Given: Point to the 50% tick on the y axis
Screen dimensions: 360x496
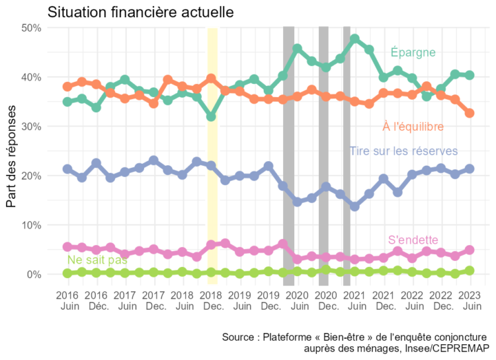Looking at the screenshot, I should pyautogui.click(x=32, y=28).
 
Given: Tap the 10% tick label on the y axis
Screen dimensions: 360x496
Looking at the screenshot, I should pyautogui.click(x=32, y=225).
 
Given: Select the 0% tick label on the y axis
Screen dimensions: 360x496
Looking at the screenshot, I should pyautogui.click(x=35, y=275).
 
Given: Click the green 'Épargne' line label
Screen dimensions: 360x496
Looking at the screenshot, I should pyautogui.click(x=413, y=52).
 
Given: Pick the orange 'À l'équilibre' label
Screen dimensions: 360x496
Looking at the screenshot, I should pyautogui.click(x=413, y=126).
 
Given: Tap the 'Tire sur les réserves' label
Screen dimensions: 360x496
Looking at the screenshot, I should pyautogui.click(x=403, y=151).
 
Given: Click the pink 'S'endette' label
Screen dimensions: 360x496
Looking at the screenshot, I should pyautogui.click(x=413, y=240).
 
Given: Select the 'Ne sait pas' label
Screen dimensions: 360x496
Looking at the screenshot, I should pyautogui.click(x=98, y=260).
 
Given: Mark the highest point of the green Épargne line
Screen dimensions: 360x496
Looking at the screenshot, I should pyautogui.click(x=355, y=39).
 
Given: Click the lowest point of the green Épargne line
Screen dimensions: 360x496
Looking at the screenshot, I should pyautogui.click(x=211, y=117).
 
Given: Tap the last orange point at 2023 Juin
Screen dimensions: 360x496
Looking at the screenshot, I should pyautogui.click(x=470, y=113).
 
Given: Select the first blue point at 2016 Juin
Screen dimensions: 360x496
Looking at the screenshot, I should pyautogui.click(x=67, y=169).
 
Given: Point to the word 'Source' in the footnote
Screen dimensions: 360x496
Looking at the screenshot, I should pyautogui.click(x=239, y=337).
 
